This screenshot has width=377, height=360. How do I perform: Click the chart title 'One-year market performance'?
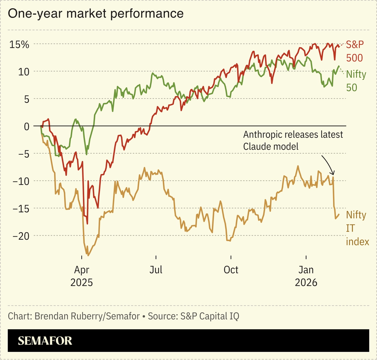coord(96,14)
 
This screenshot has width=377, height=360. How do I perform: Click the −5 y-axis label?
coord(22,154)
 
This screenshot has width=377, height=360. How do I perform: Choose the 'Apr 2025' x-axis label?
coord(81,276)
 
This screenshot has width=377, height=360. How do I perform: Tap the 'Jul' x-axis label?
coord(156,270)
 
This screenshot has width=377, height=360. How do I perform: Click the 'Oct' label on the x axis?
coord(231,270)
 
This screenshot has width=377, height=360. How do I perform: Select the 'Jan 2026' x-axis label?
coord(306,276)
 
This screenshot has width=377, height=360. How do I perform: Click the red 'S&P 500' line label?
coord(355,51)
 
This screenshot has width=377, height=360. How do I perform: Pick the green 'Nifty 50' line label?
coord(356,81)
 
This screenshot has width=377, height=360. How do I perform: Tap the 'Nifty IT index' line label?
coord(357,228)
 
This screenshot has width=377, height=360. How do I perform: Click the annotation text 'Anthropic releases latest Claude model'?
coord(293,140)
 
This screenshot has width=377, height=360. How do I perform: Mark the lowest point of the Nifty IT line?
coord(87,255)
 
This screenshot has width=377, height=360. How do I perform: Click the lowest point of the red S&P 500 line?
coord(87,224)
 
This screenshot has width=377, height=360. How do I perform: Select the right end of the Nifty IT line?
coord(339,214)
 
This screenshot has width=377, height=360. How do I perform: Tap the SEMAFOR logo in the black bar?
coord(45,341)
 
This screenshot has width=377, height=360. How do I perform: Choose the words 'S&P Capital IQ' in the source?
coord(210,316)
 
